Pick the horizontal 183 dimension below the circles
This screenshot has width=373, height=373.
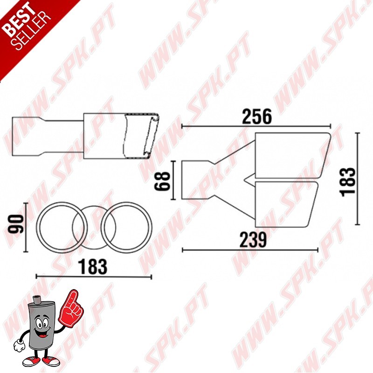[x=93, y=267]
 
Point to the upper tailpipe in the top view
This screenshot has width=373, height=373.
[x=289, y=155]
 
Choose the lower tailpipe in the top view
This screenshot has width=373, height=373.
[x=284, y=203]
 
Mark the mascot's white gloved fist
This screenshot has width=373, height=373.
[x=19, y=345]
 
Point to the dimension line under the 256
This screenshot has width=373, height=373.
[x=256, y=126]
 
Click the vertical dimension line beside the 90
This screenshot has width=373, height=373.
[x=27, y=226]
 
